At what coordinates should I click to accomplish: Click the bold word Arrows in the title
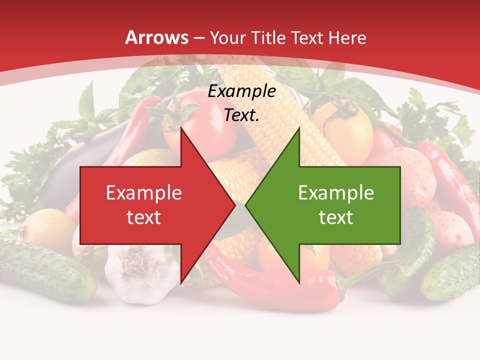point(157,37)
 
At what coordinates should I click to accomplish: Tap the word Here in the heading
point(347,38)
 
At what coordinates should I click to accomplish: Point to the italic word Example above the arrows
point(242,91)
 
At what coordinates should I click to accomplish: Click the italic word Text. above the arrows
point(242,115)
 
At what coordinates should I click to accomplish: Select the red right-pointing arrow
point(150,205)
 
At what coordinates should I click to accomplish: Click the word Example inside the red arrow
point(144,193)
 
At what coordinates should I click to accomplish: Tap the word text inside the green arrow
point(336,217)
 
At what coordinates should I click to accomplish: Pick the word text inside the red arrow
point(144,217)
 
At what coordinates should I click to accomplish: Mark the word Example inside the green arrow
point(336,193)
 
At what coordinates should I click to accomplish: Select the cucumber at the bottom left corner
point(45,270)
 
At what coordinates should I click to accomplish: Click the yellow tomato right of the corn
point(345,127)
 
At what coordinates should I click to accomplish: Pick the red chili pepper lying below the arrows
point(280,285)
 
